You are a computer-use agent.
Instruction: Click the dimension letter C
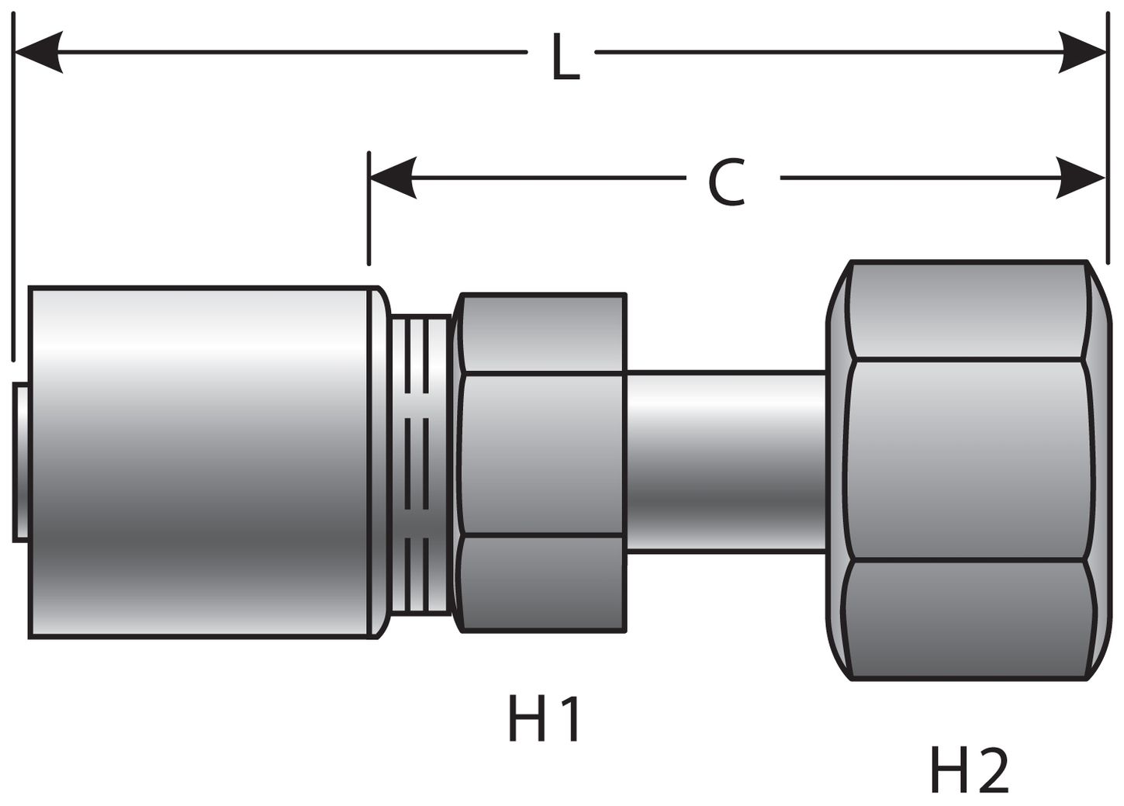pyautogui.click(x=727, y=183)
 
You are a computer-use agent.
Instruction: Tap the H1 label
pyautogui.click(x=545, y=718)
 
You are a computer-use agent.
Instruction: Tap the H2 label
pyautogui.click(x=969, y=770)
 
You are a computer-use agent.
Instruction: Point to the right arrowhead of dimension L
pyautogui.click(x=1083, y=53)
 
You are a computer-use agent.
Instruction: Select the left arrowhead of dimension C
pyautogui.click(x=393, y=178)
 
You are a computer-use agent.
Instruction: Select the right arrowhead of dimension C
pyautogui.click(x=1083, y=178)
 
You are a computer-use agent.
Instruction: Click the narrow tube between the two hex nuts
pyautogui.click(x=725, y=462)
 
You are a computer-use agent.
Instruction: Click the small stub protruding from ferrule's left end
pyautogui.click(x=21, y=462)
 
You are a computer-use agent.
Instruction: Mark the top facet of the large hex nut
pyautogui.click(x=966, y=310)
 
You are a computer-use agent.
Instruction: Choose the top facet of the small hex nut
pyautogui.click(x=543, y=334)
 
